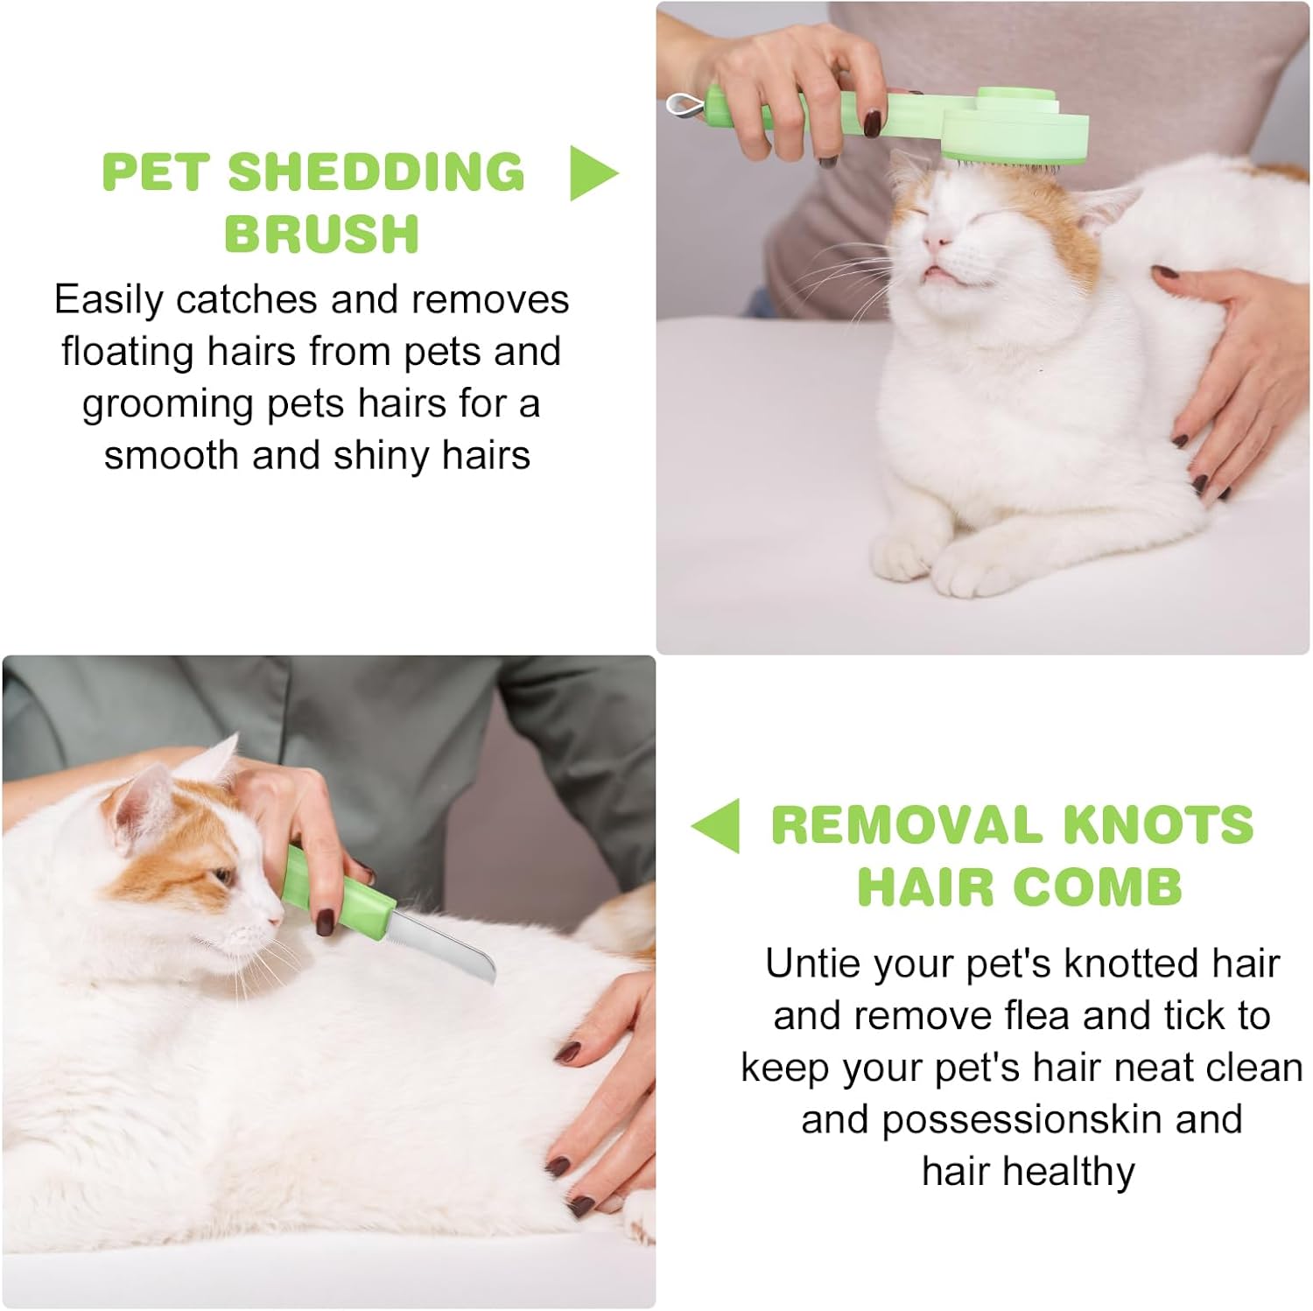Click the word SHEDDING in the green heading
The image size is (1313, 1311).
(376, 172)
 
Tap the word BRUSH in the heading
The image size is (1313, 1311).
(322, 234)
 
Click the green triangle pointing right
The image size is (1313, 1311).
(593, 173)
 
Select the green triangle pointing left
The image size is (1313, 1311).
(715, 825)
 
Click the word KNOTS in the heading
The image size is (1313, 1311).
(1158, 825)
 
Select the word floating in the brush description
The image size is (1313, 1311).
(128, 353)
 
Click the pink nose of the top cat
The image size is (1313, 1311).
(937, 239)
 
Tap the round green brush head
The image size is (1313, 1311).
(1015, 131)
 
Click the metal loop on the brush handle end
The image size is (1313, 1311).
(685, 106)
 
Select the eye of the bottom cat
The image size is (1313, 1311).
(223, 874)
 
